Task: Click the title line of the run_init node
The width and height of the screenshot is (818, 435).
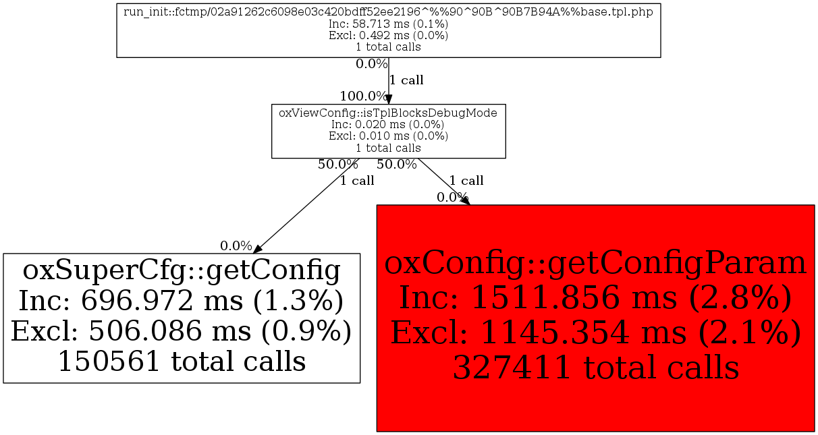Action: point(388,13)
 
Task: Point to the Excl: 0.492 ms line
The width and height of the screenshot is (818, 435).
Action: point(388,36)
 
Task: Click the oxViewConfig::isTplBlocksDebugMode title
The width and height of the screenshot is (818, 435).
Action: point(388,113)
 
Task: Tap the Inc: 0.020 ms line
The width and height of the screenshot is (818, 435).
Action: point(388,124)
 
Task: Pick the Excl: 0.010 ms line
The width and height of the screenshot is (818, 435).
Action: point(388,136)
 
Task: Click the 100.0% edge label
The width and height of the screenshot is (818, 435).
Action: point(363,96)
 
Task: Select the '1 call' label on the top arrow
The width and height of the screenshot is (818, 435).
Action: point(406,80)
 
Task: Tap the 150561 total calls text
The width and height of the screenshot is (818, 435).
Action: point(182,361)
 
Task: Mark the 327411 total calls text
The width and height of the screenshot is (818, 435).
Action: point(595,368)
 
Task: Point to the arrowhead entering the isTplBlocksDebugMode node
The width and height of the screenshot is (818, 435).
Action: point(389,99)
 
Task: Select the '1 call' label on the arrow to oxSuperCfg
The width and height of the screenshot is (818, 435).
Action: point(357,181)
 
